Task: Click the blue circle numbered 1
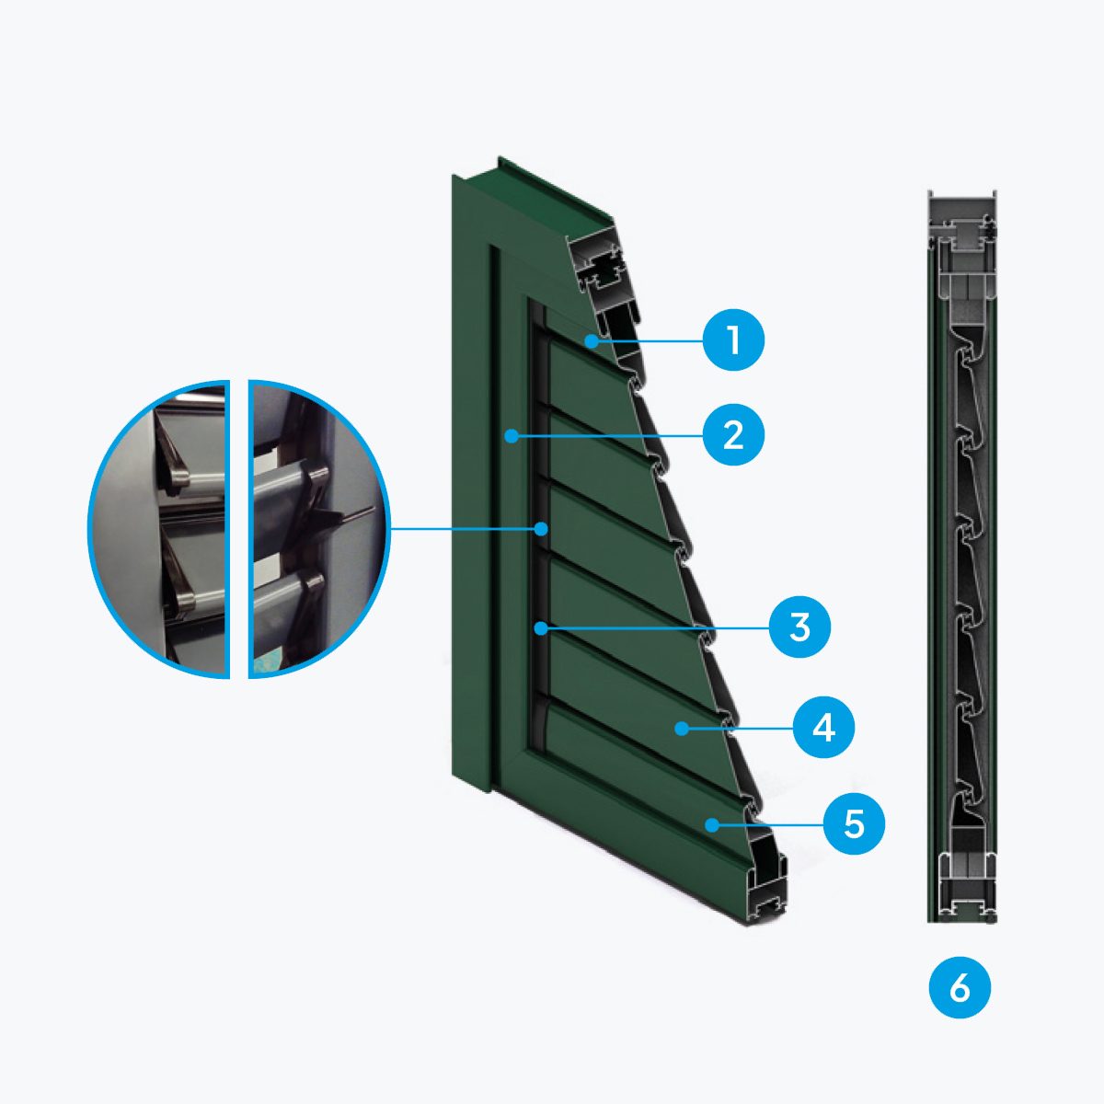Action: [x=733, y=340]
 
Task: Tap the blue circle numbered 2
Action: [x=733, y=436]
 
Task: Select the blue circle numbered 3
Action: [x=799, y=628]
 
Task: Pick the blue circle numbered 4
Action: [x=823, y=728]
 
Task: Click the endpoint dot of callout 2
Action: [x=511, y=437]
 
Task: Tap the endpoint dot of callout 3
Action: [x=540, y=628]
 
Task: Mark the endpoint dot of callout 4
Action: [x=681, y=728]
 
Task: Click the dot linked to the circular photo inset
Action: [x=540, y=528]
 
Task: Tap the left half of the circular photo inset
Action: [x=159, y=529]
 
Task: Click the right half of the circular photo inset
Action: [x=319, y=529]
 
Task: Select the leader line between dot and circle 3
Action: [x=658, y=628]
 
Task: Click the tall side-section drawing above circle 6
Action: [x=962, y=557]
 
